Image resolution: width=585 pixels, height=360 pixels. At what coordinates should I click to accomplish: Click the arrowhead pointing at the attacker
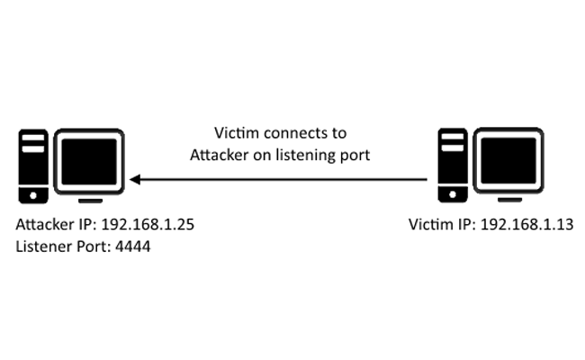135,179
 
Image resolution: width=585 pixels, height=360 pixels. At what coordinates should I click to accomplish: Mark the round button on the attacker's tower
33,193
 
